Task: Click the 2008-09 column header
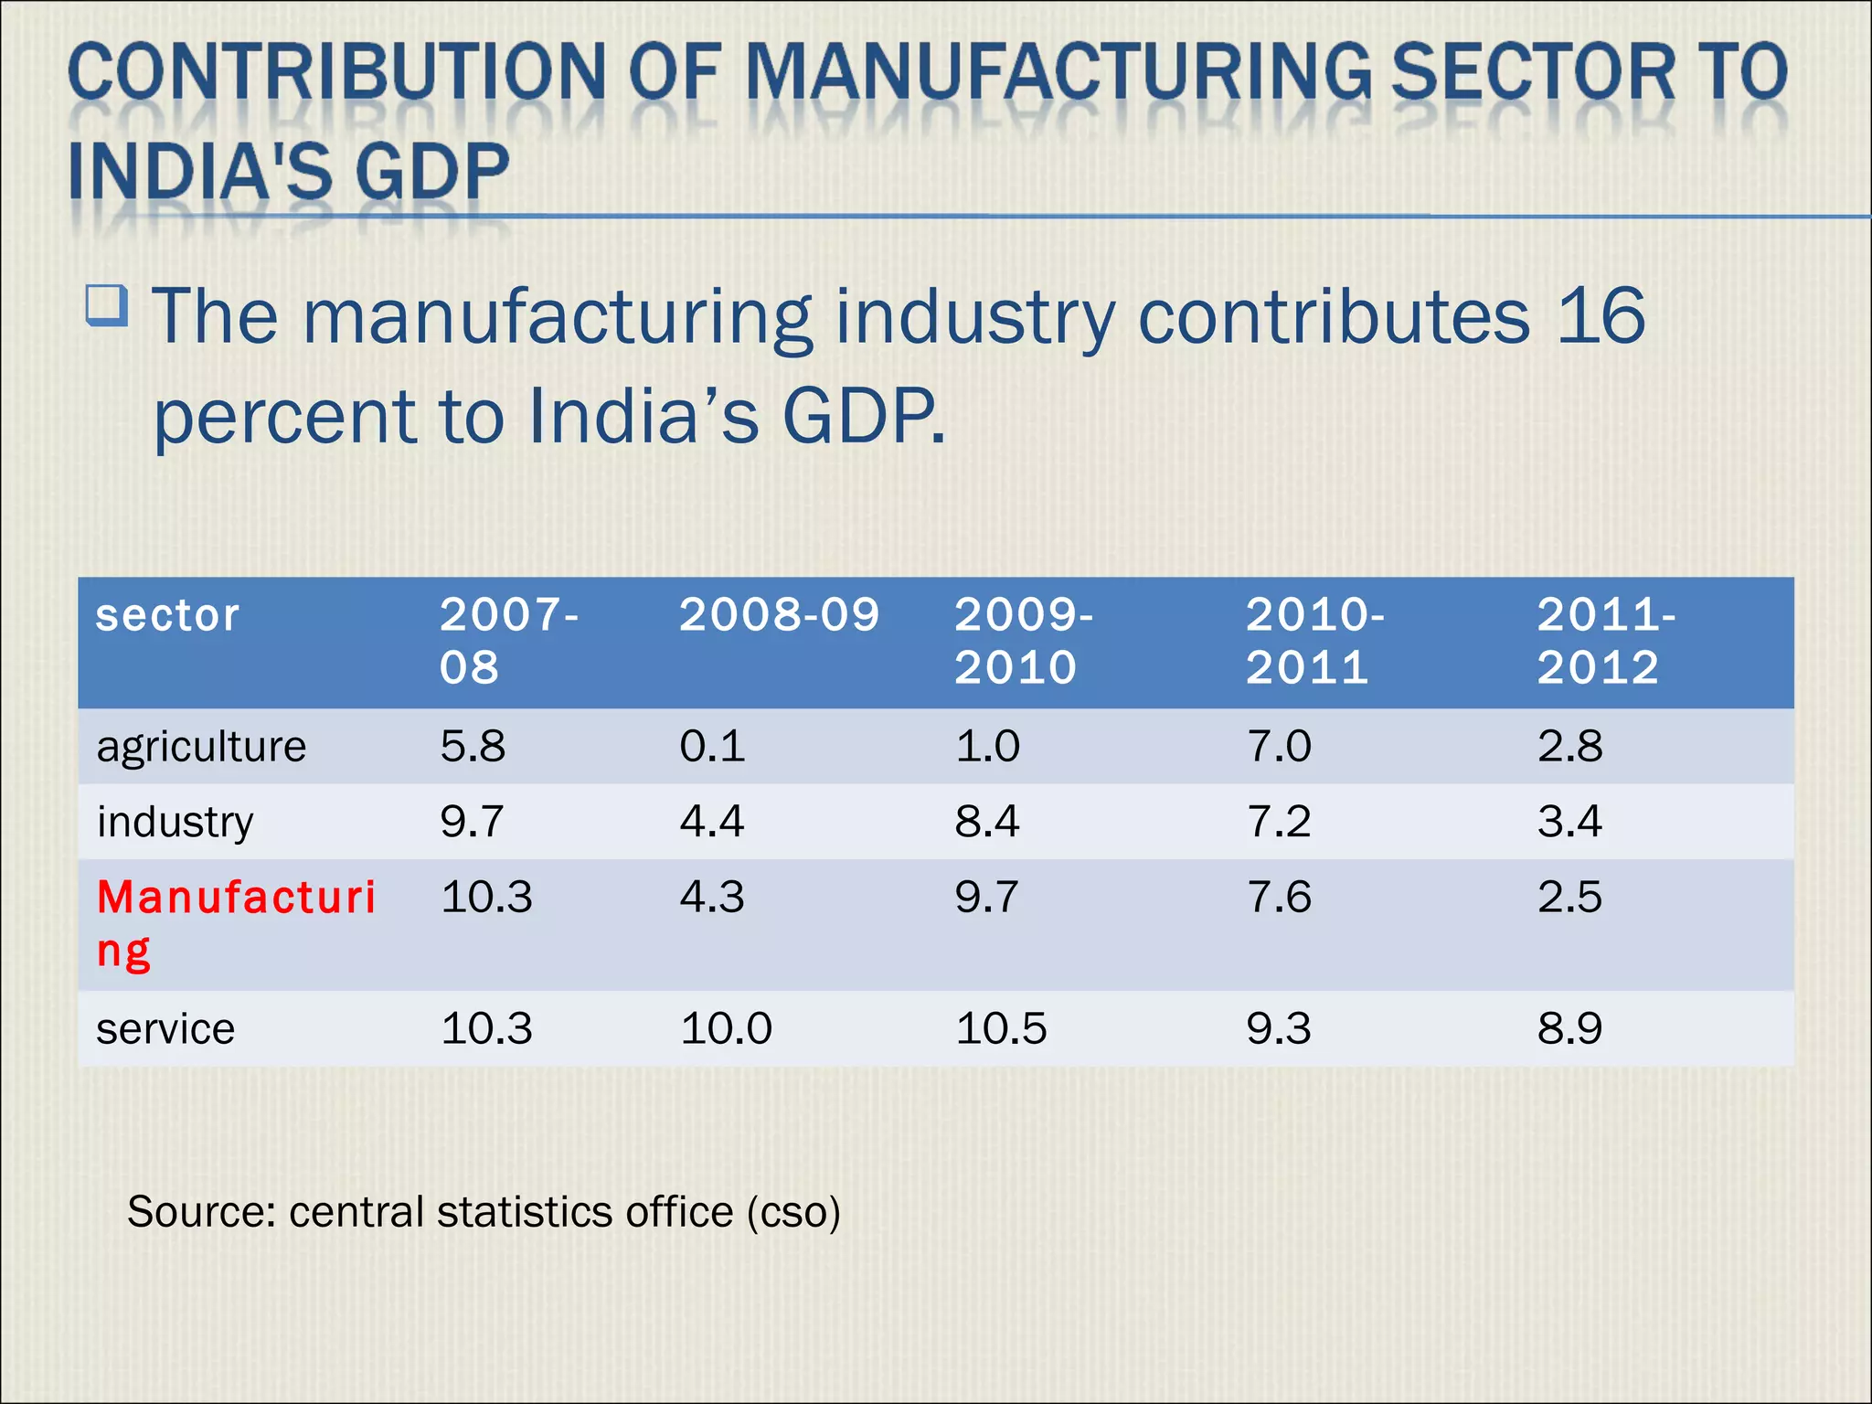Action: [x=779, y=615]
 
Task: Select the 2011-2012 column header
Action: [x=1605, y=641]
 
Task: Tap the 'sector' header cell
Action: [x=167, y=616]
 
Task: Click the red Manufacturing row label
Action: [x=235, y=922]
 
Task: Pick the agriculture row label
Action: [x=201, y=747]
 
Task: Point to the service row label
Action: [x=165, y=1029]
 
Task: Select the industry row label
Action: [x=175, y=822]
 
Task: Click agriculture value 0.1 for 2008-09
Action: [x=712, y=746]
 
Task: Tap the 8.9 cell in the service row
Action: [x=1569, y=1028]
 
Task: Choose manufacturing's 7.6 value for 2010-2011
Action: [x=1279, y=897]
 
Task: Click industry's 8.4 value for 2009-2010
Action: [x=986, y=821]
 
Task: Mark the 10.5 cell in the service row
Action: [x=1000, y=1028]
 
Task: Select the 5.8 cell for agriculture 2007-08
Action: [x=472, y=746]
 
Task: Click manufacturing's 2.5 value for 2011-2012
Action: [x=1569, y=897]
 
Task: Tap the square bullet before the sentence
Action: [x=107, y=305]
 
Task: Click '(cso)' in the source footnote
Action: [x=792, y=1212]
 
